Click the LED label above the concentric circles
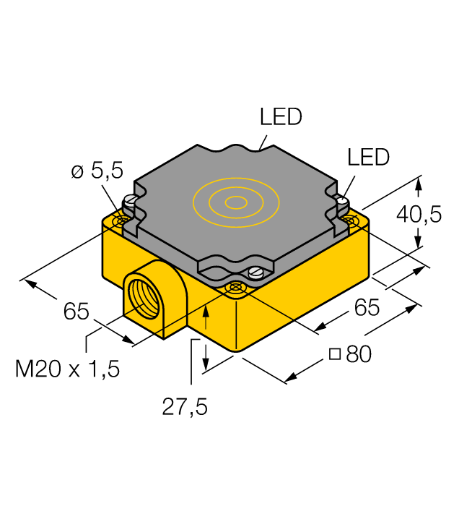[281, 117]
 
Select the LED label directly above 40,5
[368, 157]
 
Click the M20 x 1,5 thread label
[68, 369]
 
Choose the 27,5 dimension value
[185, 408]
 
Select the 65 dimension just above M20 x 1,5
[76, 312]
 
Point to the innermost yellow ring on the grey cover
[235, 203]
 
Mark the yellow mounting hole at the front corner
[235, 288]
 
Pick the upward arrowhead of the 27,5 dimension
[207, 310]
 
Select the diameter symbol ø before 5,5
[77, 172]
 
